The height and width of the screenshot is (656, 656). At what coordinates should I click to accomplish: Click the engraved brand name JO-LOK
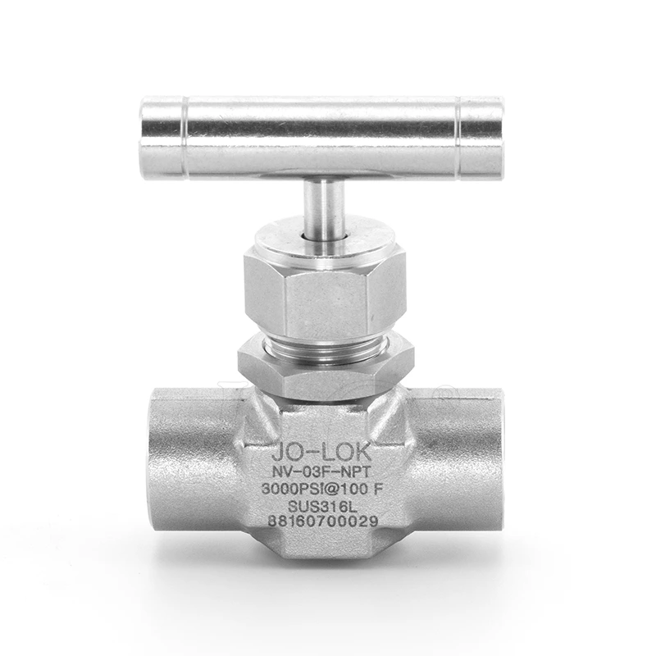(321, 452)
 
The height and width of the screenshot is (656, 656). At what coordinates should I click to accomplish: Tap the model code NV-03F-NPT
(321, 472)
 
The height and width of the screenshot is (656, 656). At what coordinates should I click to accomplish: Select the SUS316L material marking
(322, 507)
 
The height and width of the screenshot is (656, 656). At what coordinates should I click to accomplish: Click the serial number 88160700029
(322, 522)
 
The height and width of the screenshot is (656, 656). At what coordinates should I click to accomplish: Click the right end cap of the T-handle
(481, 138)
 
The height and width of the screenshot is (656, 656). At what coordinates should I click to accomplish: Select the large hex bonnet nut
(325, 293)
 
